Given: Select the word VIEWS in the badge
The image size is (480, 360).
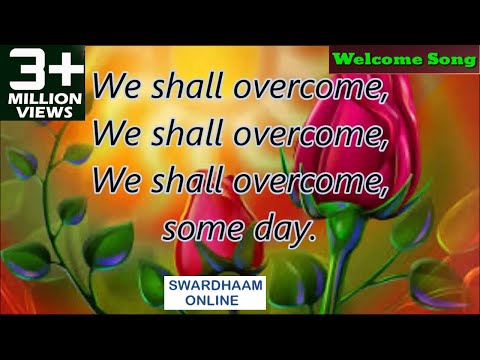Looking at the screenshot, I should tap(43, 112).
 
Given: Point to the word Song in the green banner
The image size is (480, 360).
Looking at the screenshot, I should tap(450, 59).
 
